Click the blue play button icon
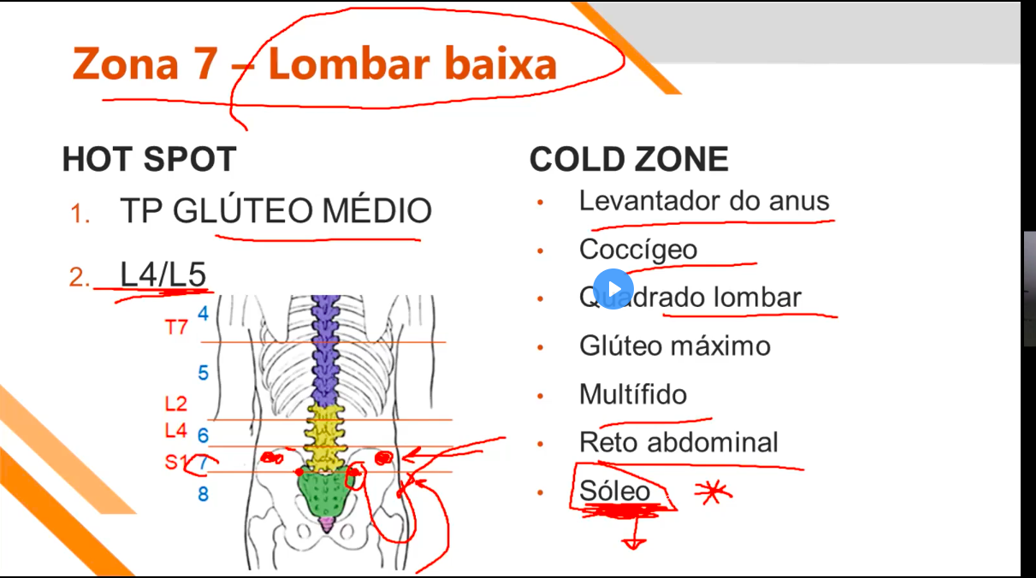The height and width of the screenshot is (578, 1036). [613, 289]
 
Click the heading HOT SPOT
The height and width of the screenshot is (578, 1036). [149, 159]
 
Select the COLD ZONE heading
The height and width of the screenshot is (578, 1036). [629, 159]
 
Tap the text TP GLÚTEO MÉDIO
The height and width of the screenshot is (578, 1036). [275, 211]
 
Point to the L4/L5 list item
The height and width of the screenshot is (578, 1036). [163, 274]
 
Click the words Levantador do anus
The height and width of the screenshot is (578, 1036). [704, 201]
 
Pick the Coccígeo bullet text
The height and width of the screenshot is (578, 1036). [637, 250]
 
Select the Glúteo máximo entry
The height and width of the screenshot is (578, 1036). [674, 345]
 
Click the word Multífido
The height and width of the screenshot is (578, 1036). [632, 394]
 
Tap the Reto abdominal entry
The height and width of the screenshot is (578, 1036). [678, 442]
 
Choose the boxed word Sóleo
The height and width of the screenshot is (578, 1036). [614, 491]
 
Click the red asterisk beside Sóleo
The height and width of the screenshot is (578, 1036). [711, 492]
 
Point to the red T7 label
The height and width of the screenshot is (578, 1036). [176, 327]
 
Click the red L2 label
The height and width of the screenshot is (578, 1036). [175, 403]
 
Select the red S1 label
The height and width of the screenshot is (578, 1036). [175, 463]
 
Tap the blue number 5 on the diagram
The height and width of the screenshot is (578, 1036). [203, 373]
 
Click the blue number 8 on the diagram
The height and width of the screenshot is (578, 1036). [203, 494]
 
